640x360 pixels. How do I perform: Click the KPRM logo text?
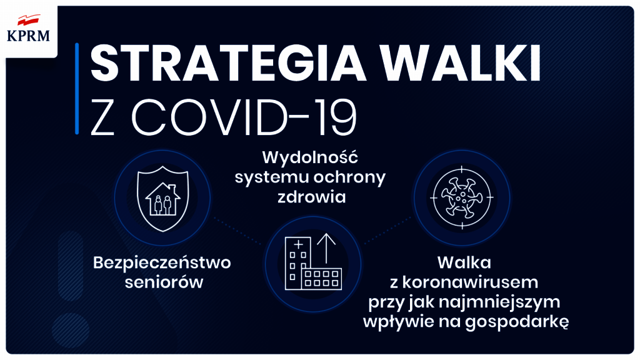[x=28, y=36]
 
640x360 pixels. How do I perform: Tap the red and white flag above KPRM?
[x=29, y=20]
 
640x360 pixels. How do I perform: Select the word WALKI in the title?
[x=461, y=64]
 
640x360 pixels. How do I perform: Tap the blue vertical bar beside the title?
[x=77, y=89]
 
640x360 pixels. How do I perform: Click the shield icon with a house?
[x=163, y=198]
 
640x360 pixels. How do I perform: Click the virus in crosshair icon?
[x=462, y=197]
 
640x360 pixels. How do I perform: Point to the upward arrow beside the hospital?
[x=326, y=249]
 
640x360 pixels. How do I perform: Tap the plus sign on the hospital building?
[x=299, y=244]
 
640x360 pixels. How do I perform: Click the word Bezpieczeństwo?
[x=162, y=262]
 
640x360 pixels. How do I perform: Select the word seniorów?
[x=164, y=282]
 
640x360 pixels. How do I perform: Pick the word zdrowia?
[x=312, y=197]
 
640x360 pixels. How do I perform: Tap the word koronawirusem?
[x=470, y=282]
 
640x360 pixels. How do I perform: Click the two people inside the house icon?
[x=163, y=205]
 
